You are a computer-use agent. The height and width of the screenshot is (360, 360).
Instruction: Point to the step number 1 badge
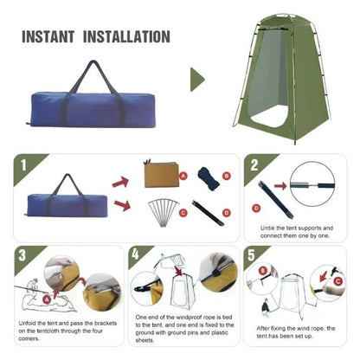(22, 163)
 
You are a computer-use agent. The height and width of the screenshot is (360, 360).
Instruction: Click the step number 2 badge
(252, 164)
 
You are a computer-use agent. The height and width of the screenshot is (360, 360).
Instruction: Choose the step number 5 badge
(252, 256)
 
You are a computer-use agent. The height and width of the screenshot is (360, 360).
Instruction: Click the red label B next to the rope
(226, 176)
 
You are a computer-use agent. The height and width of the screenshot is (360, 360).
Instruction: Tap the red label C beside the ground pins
(183, 212)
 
